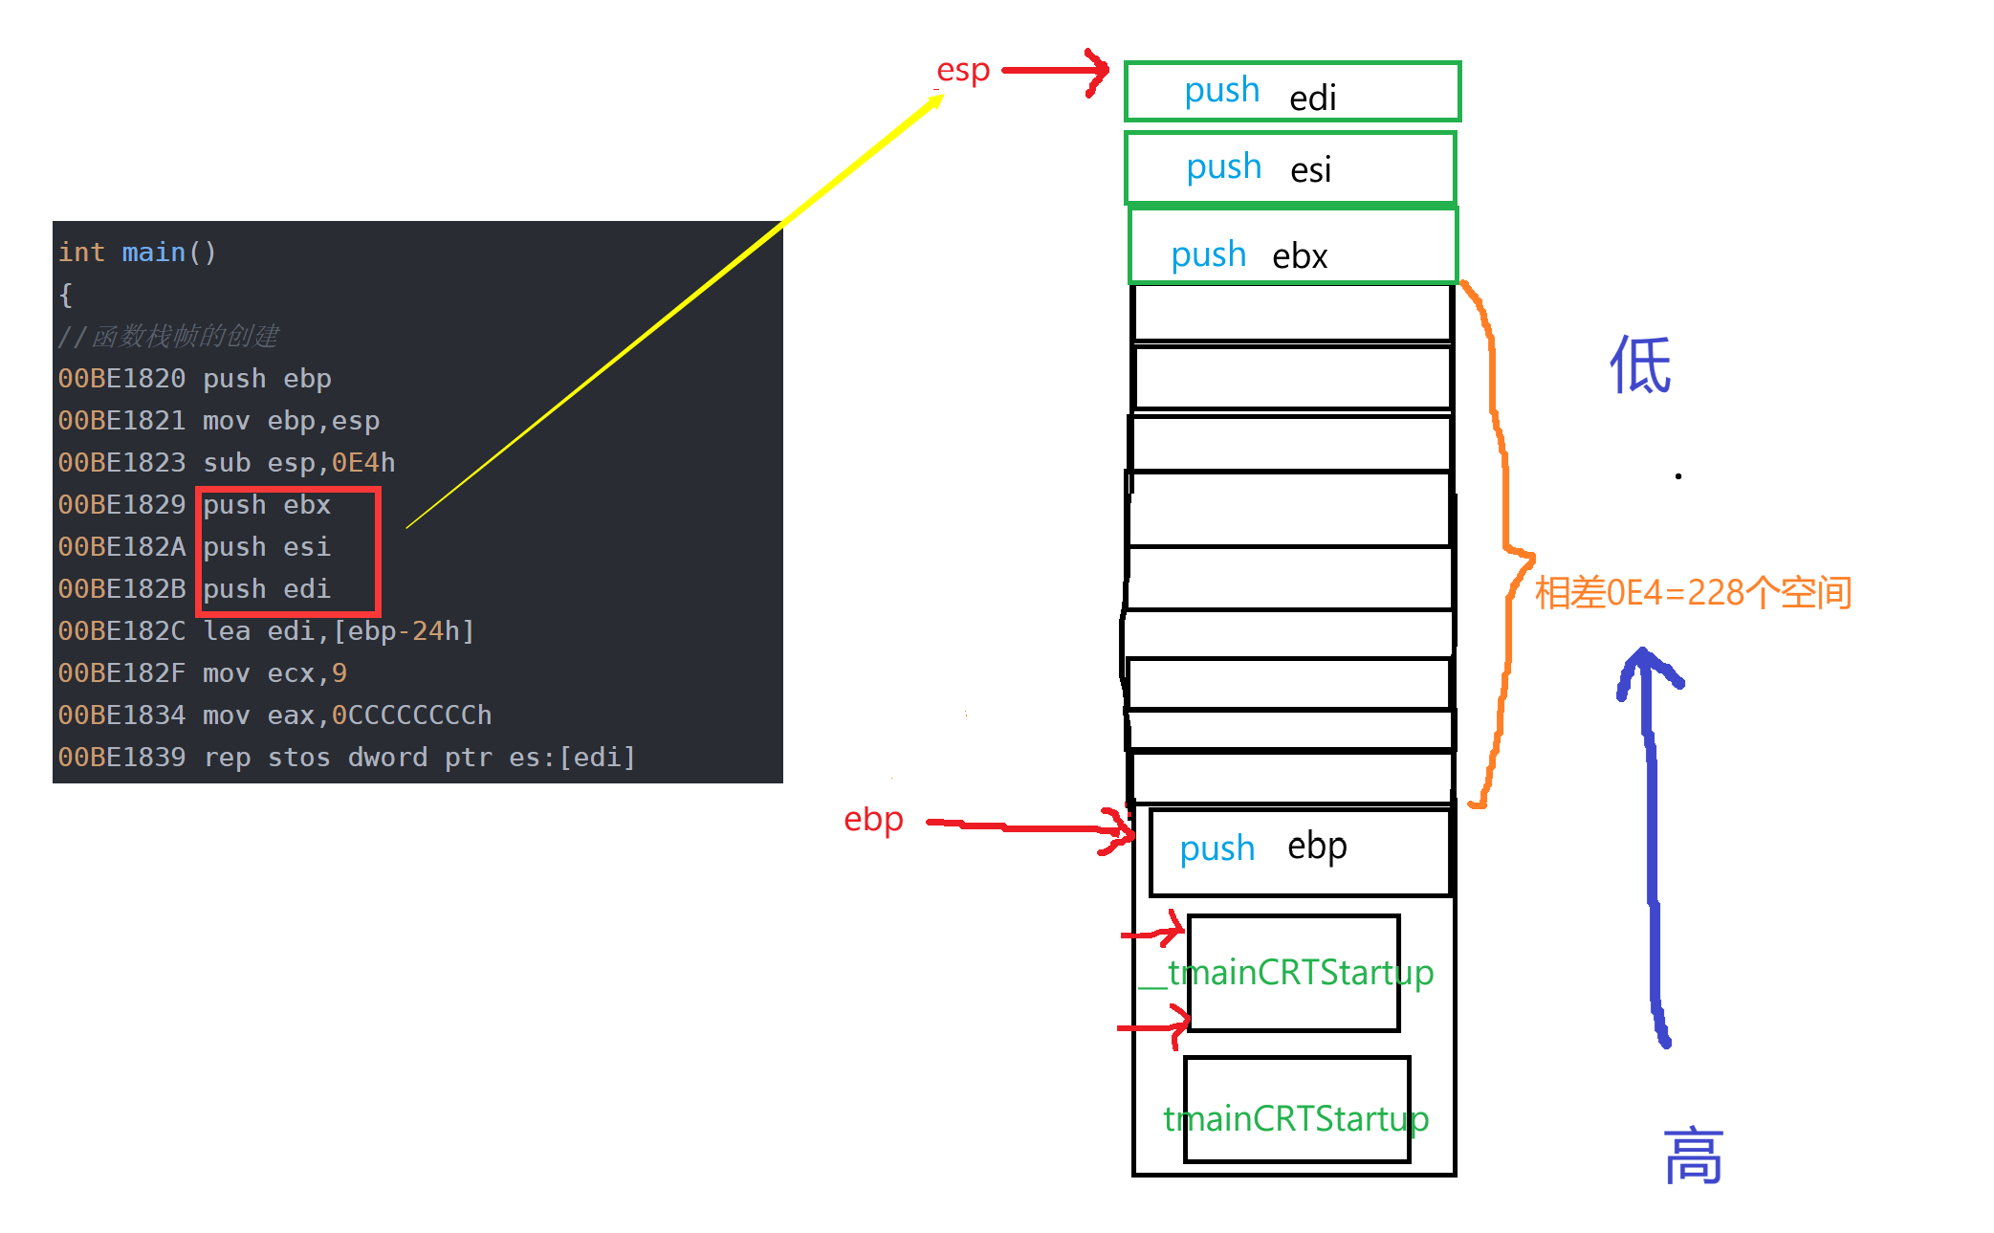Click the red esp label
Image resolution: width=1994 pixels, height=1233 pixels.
(x=962, y=71)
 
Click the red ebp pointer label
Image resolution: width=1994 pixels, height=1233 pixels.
(x=872, y=820)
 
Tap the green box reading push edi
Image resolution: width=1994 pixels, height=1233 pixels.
(x=1292, y=92)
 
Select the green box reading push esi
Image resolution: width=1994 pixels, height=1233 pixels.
(x=1290, y=168)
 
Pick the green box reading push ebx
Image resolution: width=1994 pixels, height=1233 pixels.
(x=1292, y=247)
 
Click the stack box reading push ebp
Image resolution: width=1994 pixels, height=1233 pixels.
(x=1300, y=851)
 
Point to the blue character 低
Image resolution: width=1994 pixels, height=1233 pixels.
(x=1639, y=365)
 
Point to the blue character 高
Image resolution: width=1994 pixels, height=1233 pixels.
(x=1693, y=1156)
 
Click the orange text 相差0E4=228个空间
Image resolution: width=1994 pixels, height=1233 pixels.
(x=1693, y=593)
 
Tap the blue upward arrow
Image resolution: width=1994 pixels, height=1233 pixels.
(x=1652, y=842)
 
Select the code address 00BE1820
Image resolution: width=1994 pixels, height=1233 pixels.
(x=121, y=379)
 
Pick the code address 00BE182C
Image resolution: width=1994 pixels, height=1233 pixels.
(x=121, y=631)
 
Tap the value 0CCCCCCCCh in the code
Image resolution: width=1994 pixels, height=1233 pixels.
(x=411, y=716)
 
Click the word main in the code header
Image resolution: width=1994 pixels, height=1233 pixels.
(x=153, y=253)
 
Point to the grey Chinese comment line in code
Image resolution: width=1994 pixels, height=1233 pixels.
(x=168, y=337)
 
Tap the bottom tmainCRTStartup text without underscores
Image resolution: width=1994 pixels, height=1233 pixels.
(x=1296, y=1118)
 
